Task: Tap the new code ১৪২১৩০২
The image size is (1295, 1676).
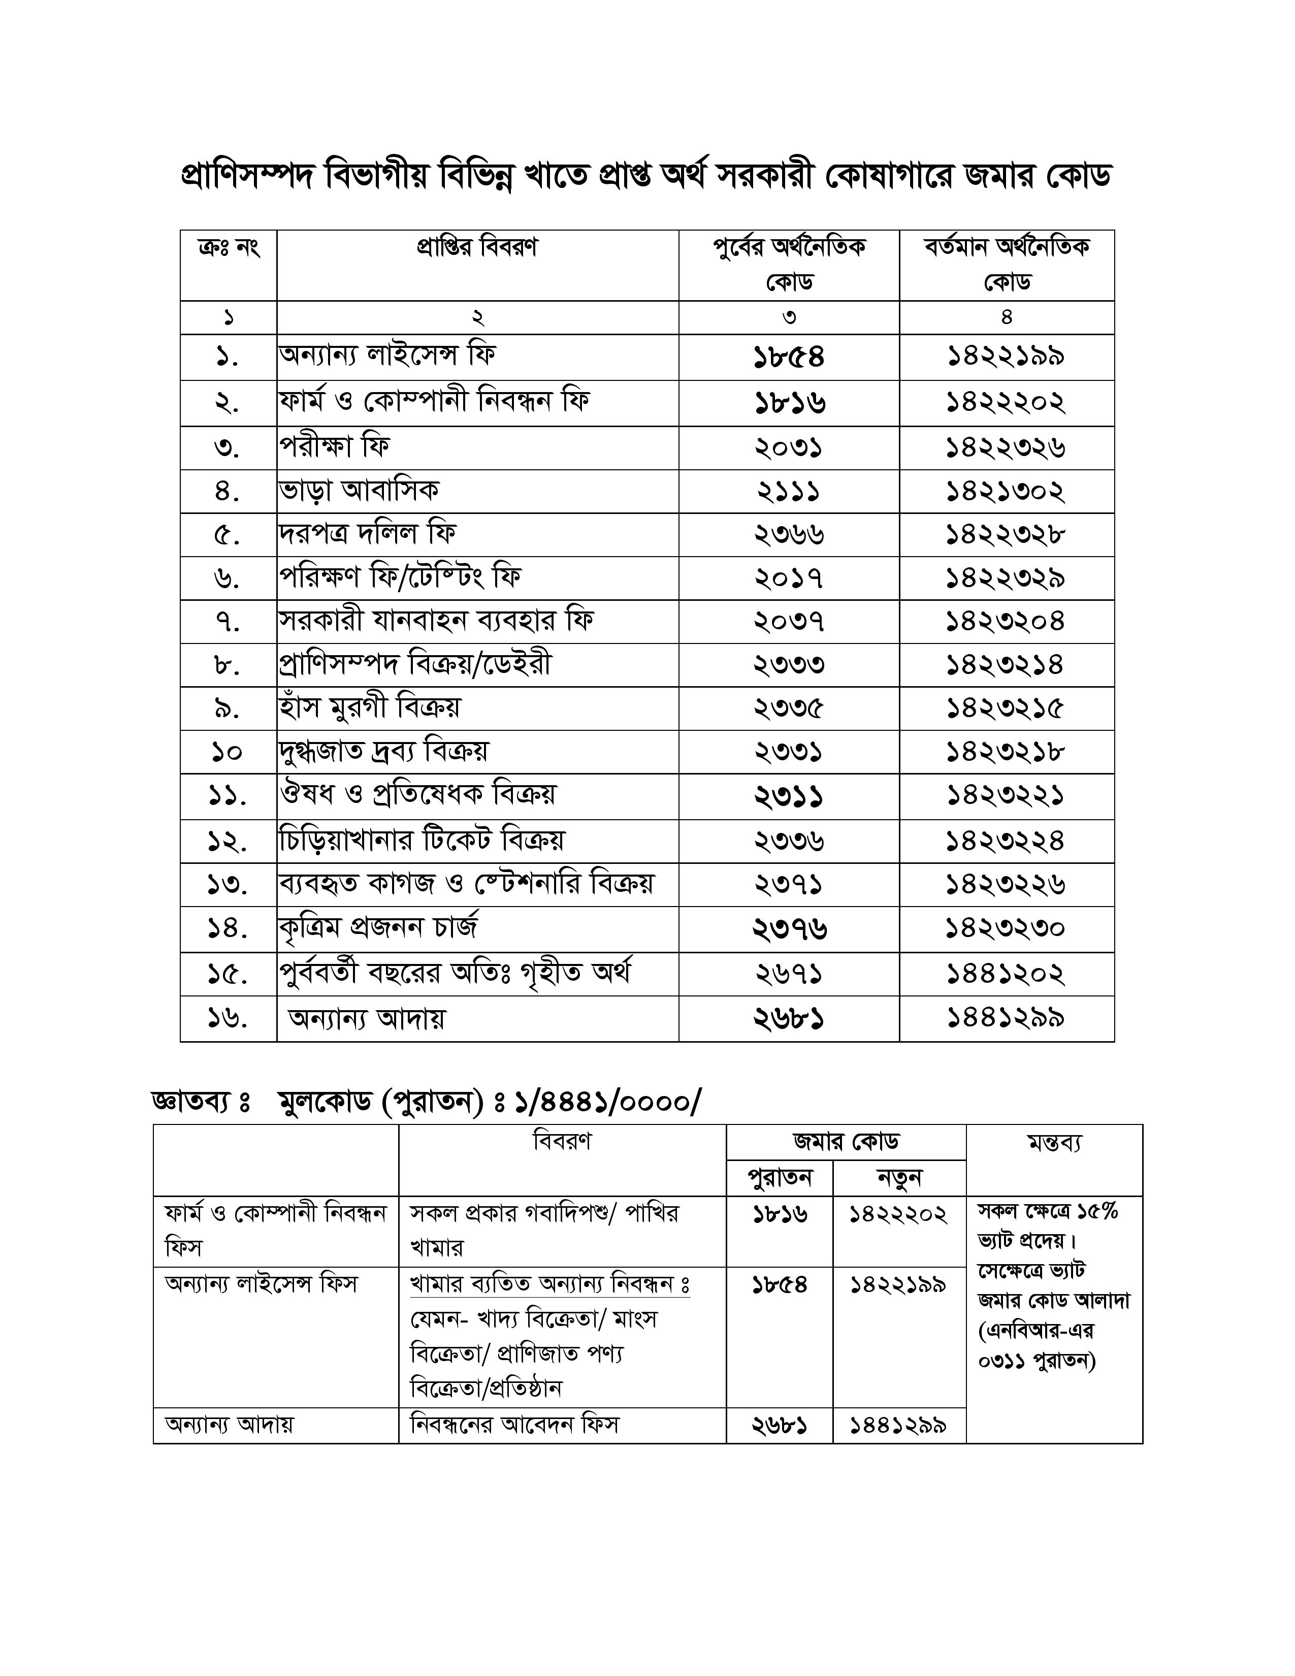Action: pyautogui.click(x=1005, y=491)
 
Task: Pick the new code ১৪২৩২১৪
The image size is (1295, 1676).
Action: pyautogui.click(x=1005, y=665)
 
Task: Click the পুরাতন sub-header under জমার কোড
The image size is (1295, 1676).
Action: pyautogui.click(x=779, y=1177)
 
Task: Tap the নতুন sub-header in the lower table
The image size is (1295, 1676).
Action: pyautogui.click(x=898, y=1177)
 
